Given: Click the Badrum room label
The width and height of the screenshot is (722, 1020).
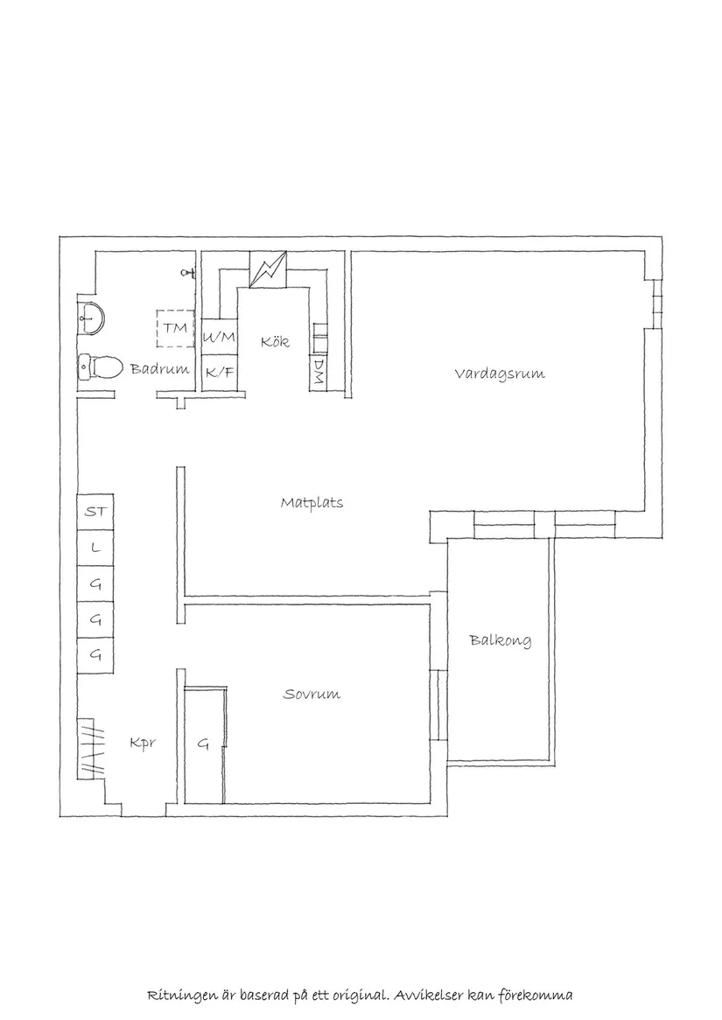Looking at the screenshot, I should coord(159,369).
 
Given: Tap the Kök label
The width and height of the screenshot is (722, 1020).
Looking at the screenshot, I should coord(274,342).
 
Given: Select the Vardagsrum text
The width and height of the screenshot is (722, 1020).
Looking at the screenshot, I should coord(499,374).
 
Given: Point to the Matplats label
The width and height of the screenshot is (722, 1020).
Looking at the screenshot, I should coord(312,503).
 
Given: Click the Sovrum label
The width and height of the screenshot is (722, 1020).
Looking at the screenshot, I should coord(312,695).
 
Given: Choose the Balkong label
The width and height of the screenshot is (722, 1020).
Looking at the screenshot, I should coord(500,640).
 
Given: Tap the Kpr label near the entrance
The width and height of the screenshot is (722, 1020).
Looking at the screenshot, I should coord(142,744).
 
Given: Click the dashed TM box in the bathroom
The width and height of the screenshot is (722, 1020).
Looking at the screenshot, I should coord(176,328).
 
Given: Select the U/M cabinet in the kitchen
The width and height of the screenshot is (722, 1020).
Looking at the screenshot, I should coord(219,338).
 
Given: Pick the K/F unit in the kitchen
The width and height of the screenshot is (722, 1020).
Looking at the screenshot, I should coord(219,373).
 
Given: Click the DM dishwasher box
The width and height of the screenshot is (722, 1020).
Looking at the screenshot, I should coord(318,373).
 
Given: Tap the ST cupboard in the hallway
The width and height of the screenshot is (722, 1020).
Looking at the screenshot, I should coord(95,512).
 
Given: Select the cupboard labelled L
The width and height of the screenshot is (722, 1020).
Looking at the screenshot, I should coord(95,548).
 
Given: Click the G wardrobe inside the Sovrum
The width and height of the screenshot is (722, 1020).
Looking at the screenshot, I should coord(203,744).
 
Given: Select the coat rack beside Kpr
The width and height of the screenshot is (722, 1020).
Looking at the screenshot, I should coord(92,748).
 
